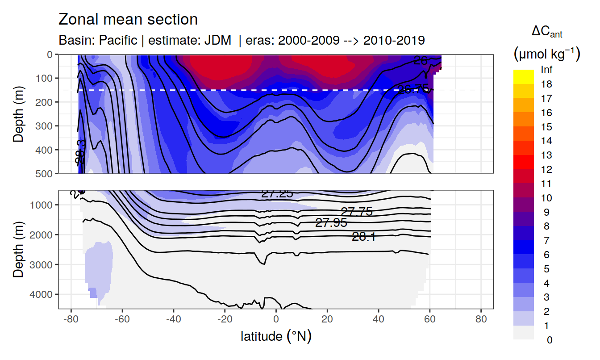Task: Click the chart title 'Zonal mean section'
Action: (128, 20)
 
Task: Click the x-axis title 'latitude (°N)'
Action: (276, 336)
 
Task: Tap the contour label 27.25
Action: (277, 194)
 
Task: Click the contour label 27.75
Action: (356, 212)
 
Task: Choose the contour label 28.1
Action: (363, 237)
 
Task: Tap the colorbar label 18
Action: (546, 84)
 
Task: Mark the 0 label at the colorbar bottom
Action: (549, 340)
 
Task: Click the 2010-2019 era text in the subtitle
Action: (394, 40)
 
